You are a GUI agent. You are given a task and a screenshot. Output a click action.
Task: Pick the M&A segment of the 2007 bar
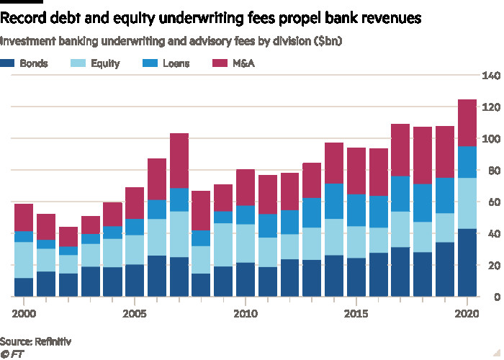tap(180, 161)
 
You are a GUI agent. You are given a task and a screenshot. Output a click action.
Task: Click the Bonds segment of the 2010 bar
tap(247, 279)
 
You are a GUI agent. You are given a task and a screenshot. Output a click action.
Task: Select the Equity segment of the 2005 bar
tap(135, 250)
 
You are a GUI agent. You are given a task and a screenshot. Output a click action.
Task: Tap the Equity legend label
tap(105, 63)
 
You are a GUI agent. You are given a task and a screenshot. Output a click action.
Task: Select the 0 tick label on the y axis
tap(495, 297)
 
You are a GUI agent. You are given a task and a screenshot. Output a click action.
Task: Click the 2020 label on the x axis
tap(467, 314)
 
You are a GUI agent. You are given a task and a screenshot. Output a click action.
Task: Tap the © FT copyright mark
tap(12, 353)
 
